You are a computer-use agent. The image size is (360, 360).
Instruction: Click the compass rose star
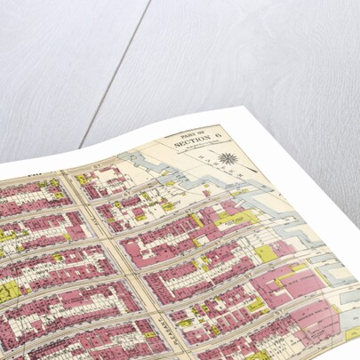pyautogui.click(x=228, y=159)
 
